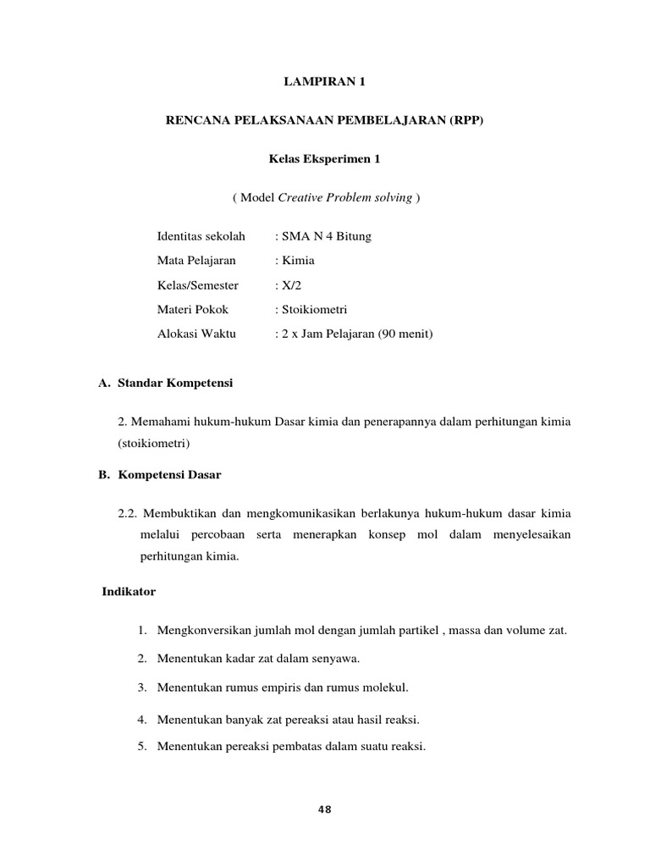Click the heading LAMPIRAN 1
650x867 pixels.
[325, 82]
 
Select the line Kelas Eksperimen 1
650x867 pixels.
[325, 158]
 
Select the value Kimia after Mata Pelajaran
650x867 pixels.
[299, 260]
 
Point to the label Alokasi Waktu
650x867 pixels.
[196, 334]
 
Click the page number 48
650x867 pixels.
[325, 809]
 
